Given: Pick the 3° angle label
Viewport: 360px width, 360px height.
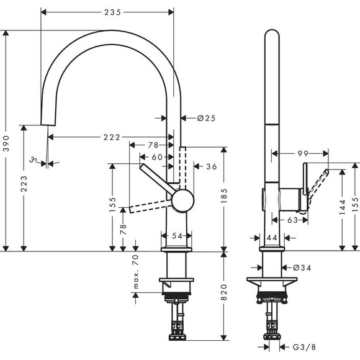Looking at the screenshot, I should point(34,160).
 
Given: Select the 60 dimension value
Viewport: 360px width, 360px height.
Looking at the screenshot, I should point(158,157).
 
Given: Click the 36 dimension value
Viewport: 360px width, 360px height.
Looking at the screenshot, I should point(210,166).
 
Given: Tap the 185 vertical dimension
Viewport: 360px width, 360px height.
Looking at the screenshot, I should point(223,200).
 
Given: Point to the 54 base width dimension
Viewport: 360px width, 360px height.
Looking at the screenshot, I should point(177,235).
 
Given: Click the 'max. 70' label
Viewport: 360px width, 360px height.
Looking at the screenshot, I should point(135,272).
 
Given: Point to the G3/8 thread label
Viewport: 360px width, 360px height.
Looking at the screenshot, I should point(303,348).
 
